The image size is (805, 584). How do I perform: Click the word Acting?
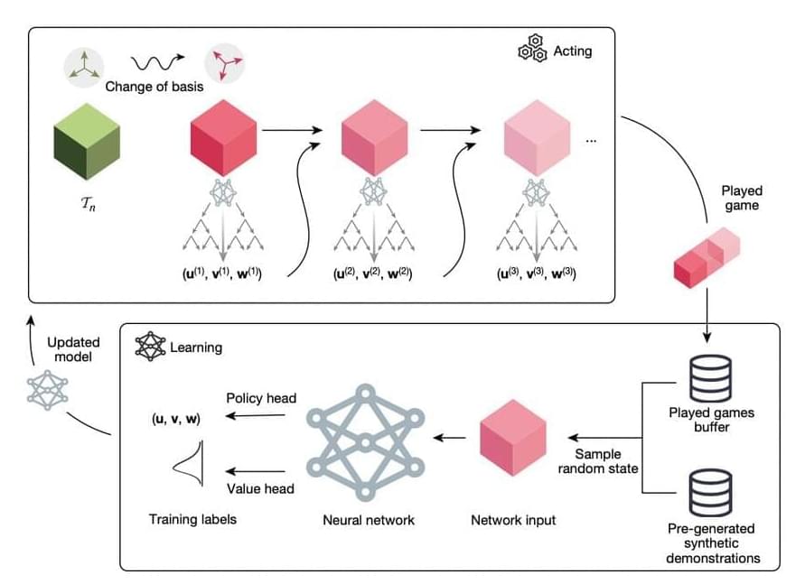pos(573,51)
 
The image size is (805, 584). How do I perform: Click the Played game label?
pos(742,199)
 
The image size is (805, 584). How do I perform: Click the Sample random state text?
pos(597,460)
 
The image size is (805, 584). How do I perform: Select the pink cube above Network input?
pos(513,440)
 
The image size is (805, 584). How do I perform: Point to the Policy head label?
pos(261,398)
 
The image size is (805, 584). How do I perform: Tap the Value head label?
pos(260,489)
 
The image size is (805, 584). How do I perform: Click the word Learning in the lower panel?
pos(196,347)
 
